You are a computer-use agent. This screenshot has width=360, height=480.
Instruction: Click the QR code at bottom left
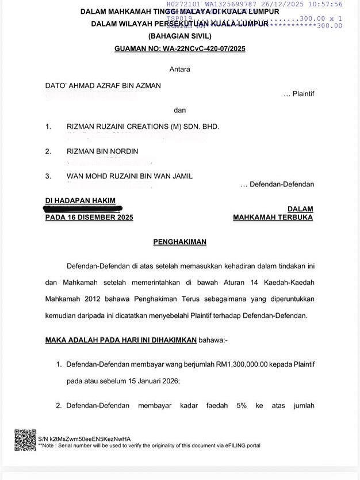click(x=25, y=440)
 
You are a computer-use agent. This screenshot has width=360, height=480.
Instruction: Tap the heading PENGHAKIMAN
click(x=179, y=242)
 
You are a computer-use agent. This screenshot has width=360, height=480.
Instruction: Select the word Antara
click(x=179, y=69)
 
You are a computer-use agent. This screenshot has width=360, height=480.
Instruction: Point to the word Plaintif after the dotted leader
click(x=303, y=94)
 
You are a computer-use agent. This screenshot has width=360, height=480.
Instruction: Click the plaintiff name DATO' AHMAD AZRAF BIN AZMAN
click(x=103, y=86)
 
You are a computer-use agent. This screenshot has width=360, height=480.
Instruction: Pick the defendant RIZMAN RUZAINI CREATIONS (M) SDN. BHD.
click(x=143, y=127)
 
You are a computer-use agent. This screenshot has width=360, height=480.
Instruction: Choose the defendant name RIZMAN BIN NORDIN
click(x=102, y=151)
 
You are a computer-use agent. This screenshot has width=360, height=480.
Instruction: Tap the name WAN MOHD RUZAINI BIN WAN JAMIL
click(x=129, y=176)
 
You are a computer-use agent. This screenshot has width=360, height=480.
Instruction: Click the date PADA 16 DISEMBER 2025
click(x=89, y=218)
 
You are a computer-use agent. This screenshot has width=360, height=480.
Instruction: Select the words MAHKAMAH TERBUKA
click(x=273, y=218)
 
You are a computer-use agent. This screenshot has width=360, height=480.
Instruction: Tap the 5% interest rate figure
click(x=241, y=406)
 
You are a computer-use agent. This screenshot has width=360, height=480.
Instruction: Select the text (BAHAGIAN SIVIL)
click(x=179, y=36)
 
